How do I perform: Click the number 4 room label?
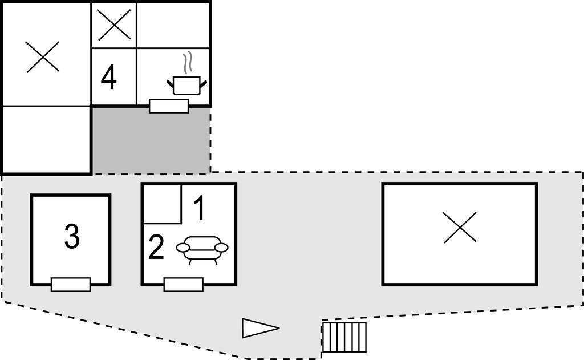108,78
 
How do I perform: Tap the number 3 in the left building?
71,237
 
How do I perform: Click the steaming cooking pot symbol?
186,84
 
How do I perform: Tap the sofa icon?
202,249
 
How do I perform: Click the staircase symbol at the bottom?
344,337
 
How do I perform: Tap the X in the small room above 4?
114,25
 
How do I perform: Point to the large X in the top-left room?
43,56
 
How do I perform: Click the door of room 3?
71,284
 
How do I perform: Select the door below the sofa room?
183,284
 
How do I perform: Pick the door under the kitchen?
169,106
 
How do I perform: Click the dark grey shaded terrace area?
151,140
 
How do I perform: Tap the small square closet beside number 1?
161,204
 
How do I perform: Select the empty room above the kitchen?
173,25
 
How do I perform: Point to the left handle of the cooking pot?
171,85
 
